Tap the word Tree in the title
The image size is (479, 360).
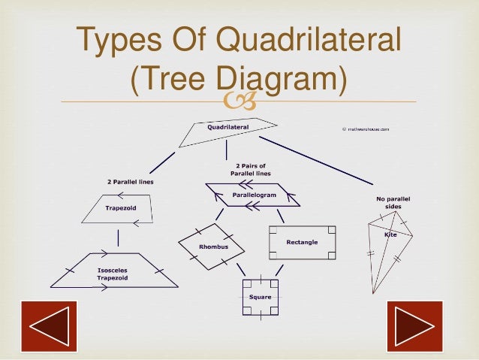click(170, 79)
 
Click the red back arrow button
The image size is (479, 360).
click(49, 327)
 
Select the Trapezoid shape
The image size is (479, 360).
click(120, 209)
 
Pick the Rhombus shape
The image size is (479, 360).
click(212, 245)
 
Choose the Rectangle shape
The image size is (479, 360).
click(302, 242)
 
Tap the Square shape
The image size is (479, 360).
click(260, 297)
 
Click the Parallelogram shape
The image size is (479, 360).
click(253, 195)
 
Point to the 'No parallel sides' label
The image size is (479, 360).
click(393, 202)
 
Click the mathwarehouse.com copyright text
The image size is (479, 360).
click(366, 129)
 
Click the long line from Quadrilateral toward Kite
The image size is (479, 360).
click(315, 160)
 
